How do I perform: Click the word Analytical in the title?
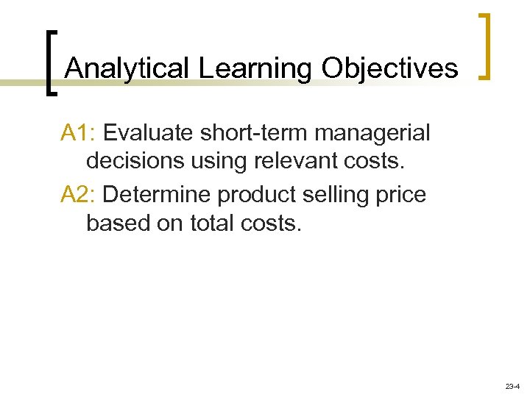point(128,68)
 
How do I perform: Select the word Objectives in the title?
point(389,68)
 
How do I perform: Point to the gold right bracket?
point(486,46)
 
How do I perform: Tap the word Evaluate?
point(149,133)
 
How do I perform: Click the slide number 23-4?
point(512,386)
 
